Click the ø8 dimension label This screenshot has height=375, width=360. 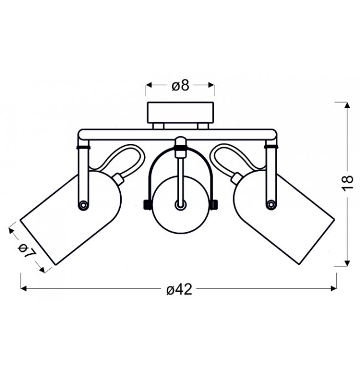click(181, 86)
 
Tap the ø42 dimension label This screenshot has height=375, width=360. click(179, 289)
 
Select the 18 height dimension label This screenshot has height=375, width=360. click(348, 183)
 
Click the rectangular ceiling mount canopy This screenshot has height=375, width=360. click(181, 112)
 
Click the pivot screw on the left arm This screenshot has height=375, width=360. click(83, 205)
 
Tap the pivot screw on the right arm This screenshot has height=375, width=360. click(271, 204)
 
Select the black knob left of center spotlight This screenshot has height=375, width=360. click(147, 205)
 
